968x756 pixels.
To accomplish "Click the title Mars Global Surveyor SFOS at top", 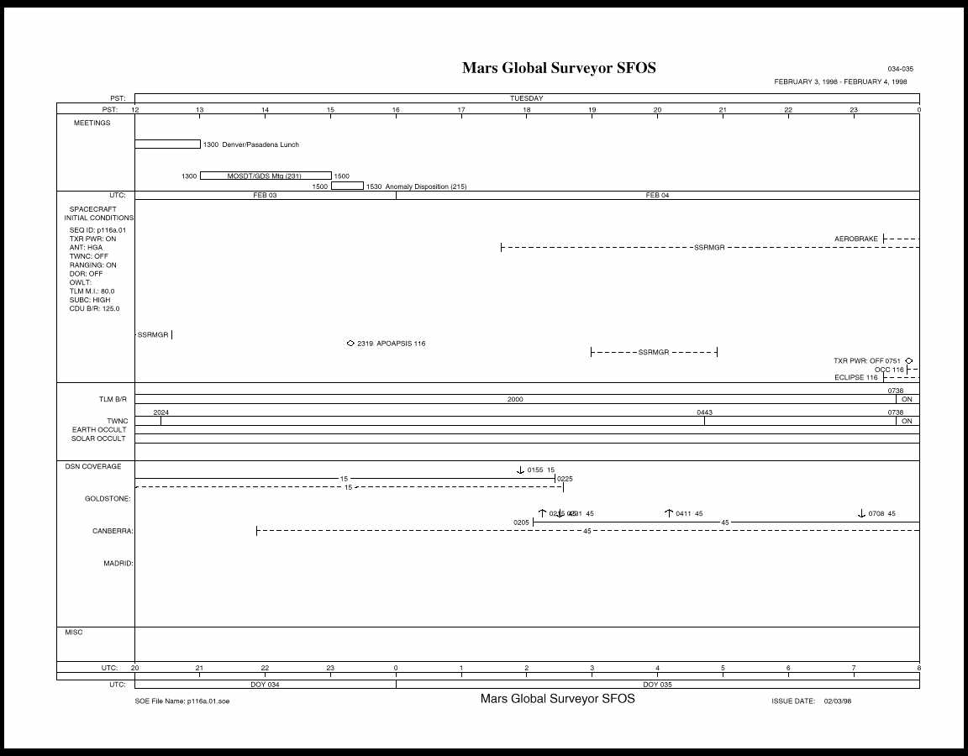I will [x=559, y=68].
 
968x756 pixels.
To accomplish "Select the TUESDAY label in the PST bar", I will [x=526, y=98].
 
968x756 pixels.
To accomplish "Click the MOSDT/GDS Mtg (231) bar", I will [x=265, y=176].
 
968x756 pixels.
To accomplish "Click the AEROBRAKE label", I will [x=855, y=239].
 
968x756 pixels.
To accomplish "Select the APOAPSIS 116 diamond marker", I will [x=350, y=343].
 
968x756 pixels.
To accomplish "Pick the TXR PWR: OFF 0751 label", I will [x=866, y=361].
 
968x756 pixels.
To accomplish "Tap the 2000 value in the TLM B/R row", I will [x=515, y=400].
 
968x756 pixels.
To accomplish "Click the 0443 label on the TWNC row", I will [x=704, y=412].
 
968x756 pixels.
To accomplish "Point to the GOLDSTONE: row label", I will [x=108, y=499].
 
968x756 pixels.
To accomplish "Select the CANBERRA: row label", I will [x=113, y=531].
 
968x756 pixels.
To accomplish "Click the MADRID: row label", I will [x=118, y=564].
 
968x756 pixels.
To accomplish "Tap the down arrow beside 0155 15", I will [x=520, y=470].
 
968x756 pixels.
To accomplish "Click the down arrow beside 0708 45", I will [x=861, y=513].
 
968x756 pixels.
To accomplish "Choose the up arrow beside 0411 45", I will [x=669, y=513].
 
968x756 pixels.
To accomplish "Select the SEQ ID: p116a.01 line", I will [x=97, y=230].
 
